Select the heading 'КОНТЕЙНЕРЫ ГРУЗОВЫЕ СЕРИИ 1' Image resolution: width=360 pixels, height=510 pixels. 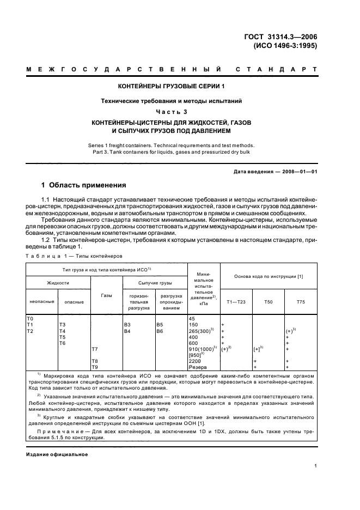click(x=171, y=87)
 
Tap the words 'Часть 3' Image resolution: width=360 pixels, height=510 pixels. click(x=171, y=112)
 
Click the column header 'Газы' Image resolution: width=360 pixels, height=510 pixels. click(x=107, y=295)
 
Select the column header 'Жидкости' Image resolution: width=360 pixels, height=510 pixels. click(x=58, y=283)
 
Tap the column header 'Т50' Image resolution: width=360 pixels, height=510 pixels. click(x=268, y=301)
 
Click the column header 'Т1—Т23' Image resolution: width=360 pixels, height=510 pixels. click(x=235, y=301)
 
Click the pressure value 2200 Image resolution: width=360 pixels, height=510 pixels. click(x=195, y=361)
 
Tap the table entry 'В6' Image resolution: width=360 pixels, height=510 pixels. click(x=160, y=330)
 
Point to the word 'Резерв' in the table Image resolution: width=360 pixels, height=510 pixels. click(x=197, y=367)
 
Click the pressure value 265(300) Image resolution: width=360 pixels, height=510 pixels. click(x=202, y=330)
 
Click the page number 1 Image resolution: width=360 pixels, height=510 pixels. click(x=316, y=465)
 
